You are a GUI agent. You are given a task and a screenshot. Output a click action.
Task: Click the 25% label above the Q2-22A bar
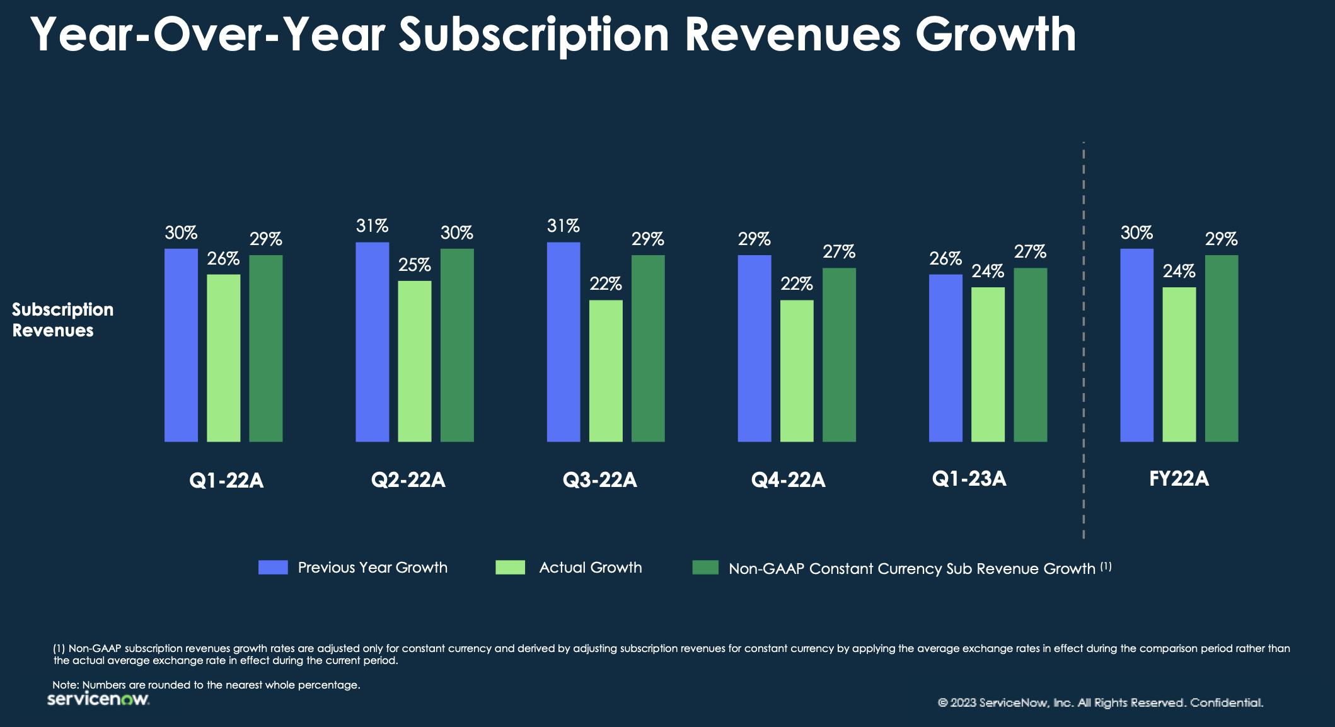pos(414,265)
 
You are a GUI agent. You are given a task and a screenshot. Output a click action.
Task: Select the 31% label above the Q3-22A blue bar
pos(563,226)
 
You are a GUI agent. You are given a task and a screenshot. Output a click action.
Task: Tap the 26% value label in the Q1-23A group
pos(945,259)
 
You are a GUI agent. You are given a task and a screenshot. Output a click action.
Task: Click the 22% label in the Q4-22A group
pos(797,284)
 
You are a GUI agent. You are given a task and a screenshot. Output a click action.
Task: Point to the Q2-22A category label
pos(408,480)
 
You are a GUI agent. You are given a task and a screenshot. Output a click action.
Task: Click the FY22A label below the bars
pos(1179,479)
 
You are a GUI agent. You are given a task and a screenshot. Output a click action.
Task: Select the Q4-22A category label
pos(788,480)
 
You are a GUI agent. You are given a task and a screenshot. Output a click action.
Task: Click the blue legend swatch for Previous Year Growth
pos(273,567)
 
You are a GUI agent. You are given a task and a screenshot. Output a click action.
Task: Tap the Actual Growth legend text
pos(590,568)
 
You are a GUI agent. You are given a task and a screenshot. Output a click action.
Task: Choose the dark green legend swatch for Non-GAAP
pos(705,567)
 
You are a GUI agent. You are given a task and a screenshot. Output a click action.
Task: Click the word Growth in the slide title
pos(995,35)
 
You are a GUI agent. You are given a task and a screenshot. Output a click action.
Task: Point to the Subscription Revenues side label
pos(62,319)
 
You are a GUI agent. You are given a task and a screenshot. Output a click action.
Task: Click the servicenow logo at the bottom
pos(98,699)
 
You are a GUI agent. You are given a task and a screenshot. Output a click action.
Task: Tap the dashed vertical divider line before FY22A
pos(1084,340)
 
